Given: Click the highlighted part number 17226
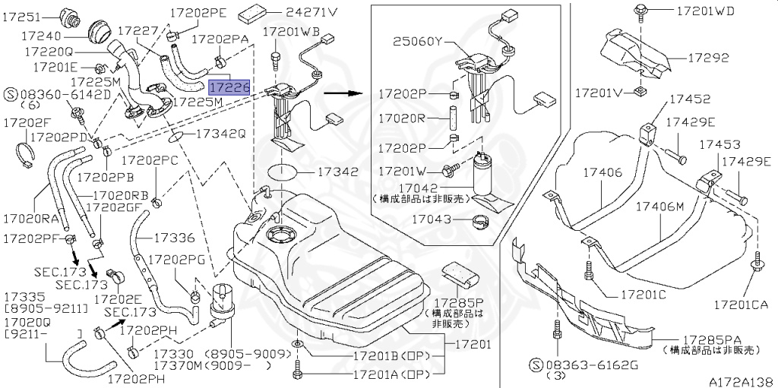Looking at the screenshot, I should pos(229,88).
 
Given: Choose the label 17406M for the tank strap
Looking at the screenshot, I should pos(659,206).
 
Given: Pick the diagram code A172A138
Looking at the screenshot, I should pos(741,381).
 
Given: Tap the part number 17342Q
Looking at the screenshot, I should pos(220,134).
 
